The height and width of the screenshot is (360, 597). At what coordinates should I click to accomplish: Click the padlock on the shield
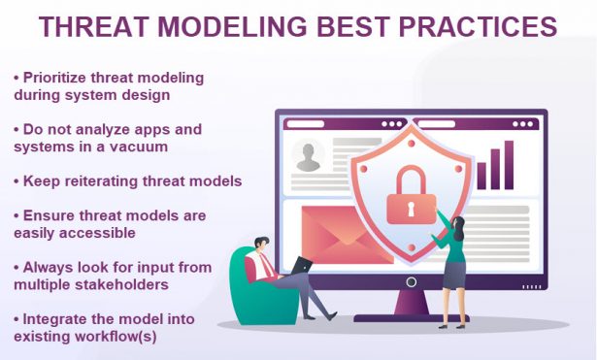413,198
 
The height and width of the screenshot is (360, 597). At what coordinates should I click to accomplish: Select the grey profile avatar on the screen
309,156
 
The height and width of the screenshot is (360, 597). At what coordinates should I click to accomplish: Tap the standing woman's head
457,227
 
